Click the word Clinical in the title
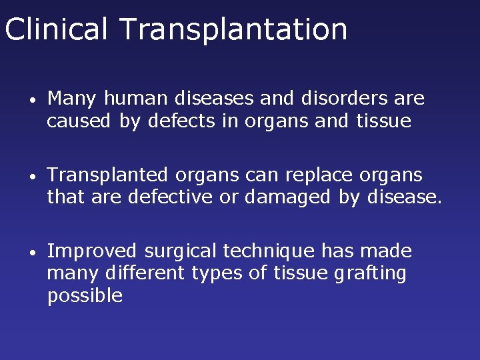pyautogui.click(x=56, y=29)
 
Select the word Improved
pyautogui.click(x=93, y=252)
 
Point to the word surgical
pyautogui.click(x=181, y=252)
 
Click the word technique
pyautogui.click(x=269, y=252)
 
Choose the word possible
pyautogui.click(x=85, y=295)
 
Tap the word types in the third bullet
pyautogui.click(x=215, y=274)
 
